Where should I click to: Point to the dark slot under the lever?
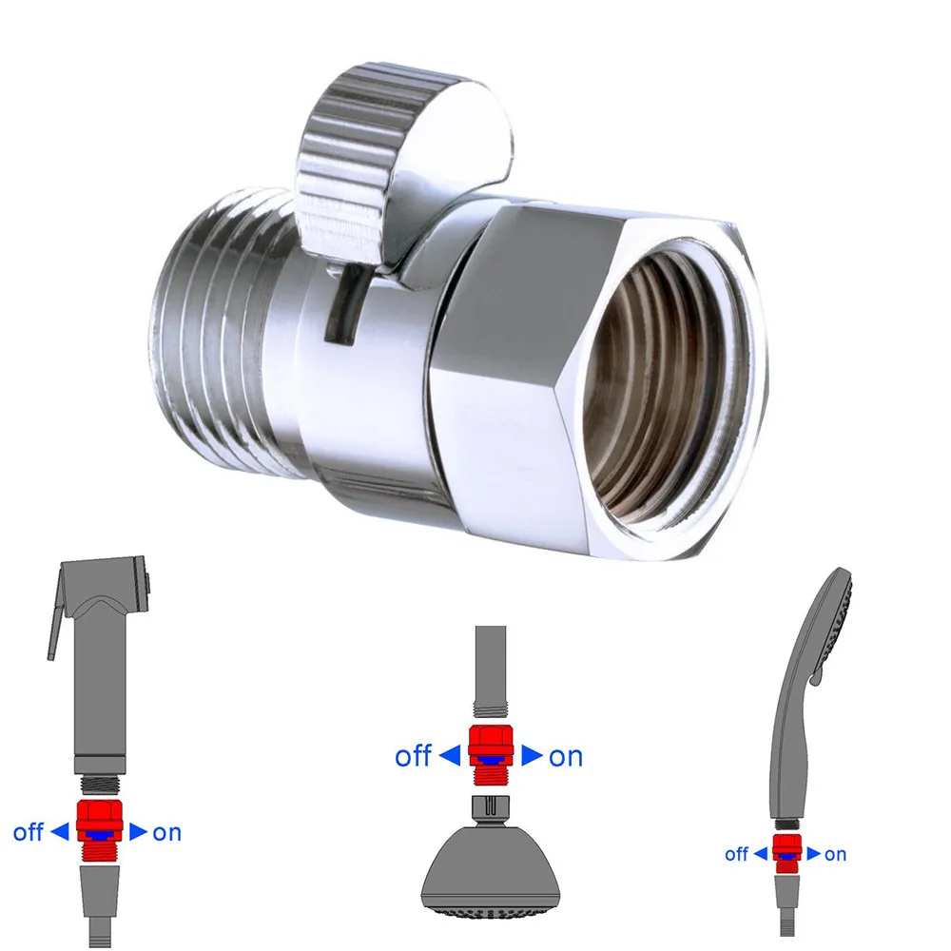click(343, 304)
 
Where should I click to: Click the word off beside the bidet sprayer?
click(28, 832)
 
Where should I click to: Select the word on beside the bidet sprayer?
click(166, 832)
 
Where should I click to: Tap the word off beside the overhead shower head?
click(414, 756)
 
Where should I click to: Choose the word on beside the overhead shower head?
click(566, 756)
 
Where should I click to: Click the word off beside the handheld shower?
click(737, 854)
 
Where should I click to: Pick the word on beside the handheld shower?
click(835, 854)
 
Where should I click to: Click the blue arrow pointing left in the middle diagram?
click(450, 756)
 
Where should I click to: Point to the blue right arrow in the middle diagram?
click(533, 756)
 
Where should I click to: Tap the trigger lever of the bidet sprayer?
click(51, 628)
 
